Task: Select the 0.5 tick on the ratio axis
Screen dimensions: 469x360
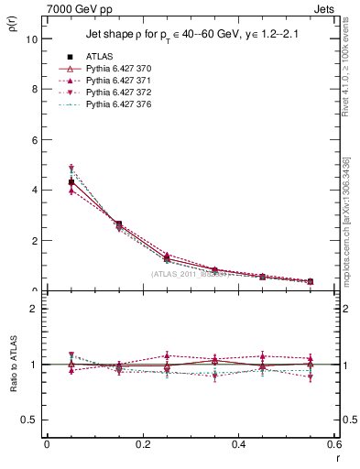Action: [29, 420]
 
